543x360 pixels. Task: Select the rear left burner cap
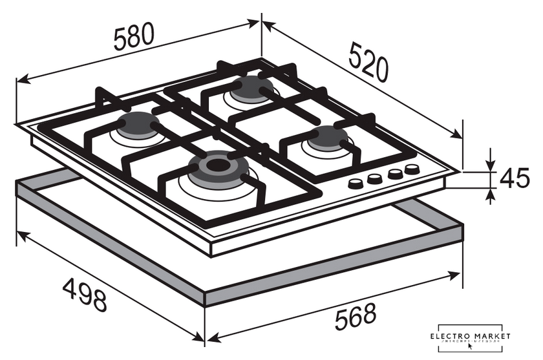(x=136, y=122)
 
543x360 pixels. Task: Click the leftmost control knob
(x=354, y=184)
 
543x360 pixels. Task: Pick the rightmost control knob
(x=410, y=170)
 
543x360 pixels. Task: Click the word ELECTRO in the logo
(x=454, y=337)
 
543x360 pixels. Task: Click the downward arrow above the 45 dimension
(x=491, y=165)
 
